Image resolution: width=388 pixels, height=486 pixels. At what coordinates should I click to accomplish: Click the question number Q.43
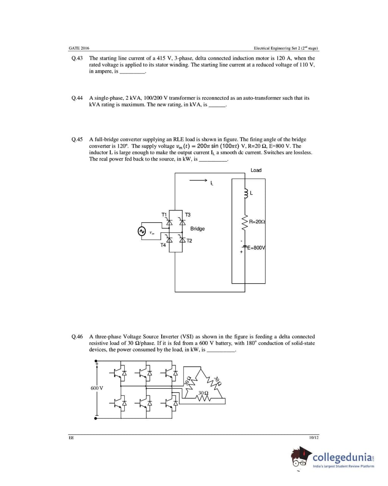point(77,58)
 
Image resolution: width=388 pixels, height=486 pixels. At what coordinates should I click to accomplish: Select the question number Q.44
point(77,98)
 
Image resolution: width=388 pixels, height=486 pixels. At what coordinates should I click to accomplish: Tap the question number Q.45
point(77,140)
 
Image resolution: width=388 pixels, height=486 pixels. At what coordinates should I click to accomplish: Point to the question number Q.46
point(77,336)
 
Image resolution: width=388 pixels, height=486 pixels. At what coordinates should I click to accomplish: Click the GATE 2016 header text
point(79,48)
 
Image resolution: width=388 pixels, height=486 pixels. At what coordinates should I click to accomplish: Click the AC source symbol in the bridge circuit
point(142,231)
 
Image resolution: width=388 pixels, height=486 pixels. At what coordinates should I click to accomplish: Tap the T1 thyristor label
point(164,215)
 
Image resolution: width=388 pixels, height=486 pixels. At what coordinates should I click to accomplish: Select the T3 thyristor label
point(187,215)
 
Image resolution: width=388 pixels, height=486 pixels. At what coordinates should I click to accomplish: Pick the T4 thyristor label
point(163,245)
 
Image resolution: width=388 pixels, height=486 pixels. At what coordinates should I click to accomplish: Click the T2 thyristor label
point(189,241)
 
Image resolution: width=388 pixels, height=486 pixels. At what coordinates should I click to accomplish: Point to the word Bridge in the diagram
point(197,229)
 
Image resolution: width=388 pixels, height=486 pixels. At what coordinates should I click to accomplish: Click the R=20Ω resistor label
point(257,221)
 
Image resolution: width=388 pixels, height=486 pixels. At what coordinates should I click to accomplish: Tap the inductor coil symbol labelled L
point(246,193)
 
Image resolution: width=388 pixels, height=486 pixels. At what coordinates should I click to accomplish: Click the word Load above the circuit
point(256,170)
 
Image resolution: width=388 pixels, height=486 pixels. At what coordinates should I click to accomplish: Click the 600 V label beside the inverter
point(97,388)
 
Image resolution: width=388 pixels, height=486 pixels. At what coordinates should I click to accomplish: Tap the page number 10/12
point(314,438)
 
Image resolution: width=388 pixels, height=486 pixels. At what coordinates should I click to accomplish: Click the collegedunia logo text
point(342,457)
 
